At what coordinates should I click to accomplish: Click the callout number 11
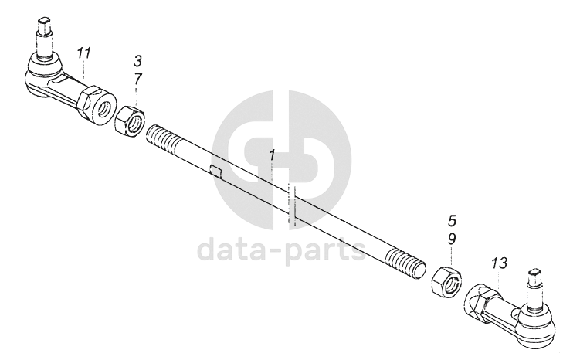pos(84,53)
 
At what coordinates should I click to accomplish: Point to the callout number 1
pos(271,156)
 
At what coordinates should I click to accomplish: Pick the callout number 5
pos(453,219)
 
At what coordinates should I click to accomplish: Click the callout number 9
pos(453,239)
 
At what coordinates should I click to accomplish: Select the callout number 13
pos(499,263)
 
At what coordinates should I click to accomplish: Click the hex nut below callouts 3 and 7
pos(129,121)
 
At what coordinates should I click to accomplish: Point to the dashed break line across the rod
pos(292,205)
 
